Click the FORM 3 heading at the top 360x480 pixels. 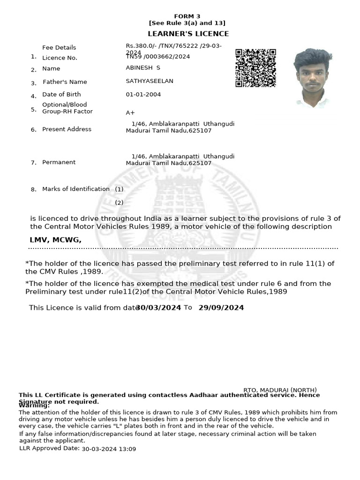(187, 16)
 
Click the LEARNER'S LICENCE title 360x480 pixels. (188, 34)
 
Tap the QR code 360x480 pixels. (255, 67)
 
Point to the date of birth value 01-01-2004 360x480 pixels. (143, 95)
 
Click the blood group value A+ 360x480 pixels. (130, 113)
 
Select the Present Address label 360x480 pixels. (67, 129)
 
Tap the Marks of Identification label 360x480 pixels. (76, 189)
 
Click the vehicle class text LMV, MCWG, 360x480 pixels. (55, 240)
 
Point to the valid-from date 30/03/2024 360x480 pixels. (158, 308)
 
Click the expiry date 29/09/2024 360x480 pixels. (221, 308)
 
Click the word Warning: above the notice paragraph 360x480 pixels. (34, 405)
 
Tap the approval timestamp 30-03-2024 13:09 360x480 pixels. (109, 449)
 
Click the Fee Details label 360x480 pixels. (59, 48)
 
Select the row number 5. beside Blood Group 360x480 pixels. (33, 109)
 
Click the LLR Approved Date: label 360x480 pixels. (49, 449)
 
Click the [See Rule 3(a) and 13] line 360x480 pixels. (187, 23)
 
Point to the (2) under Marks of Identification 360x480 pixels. (119, 203)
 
